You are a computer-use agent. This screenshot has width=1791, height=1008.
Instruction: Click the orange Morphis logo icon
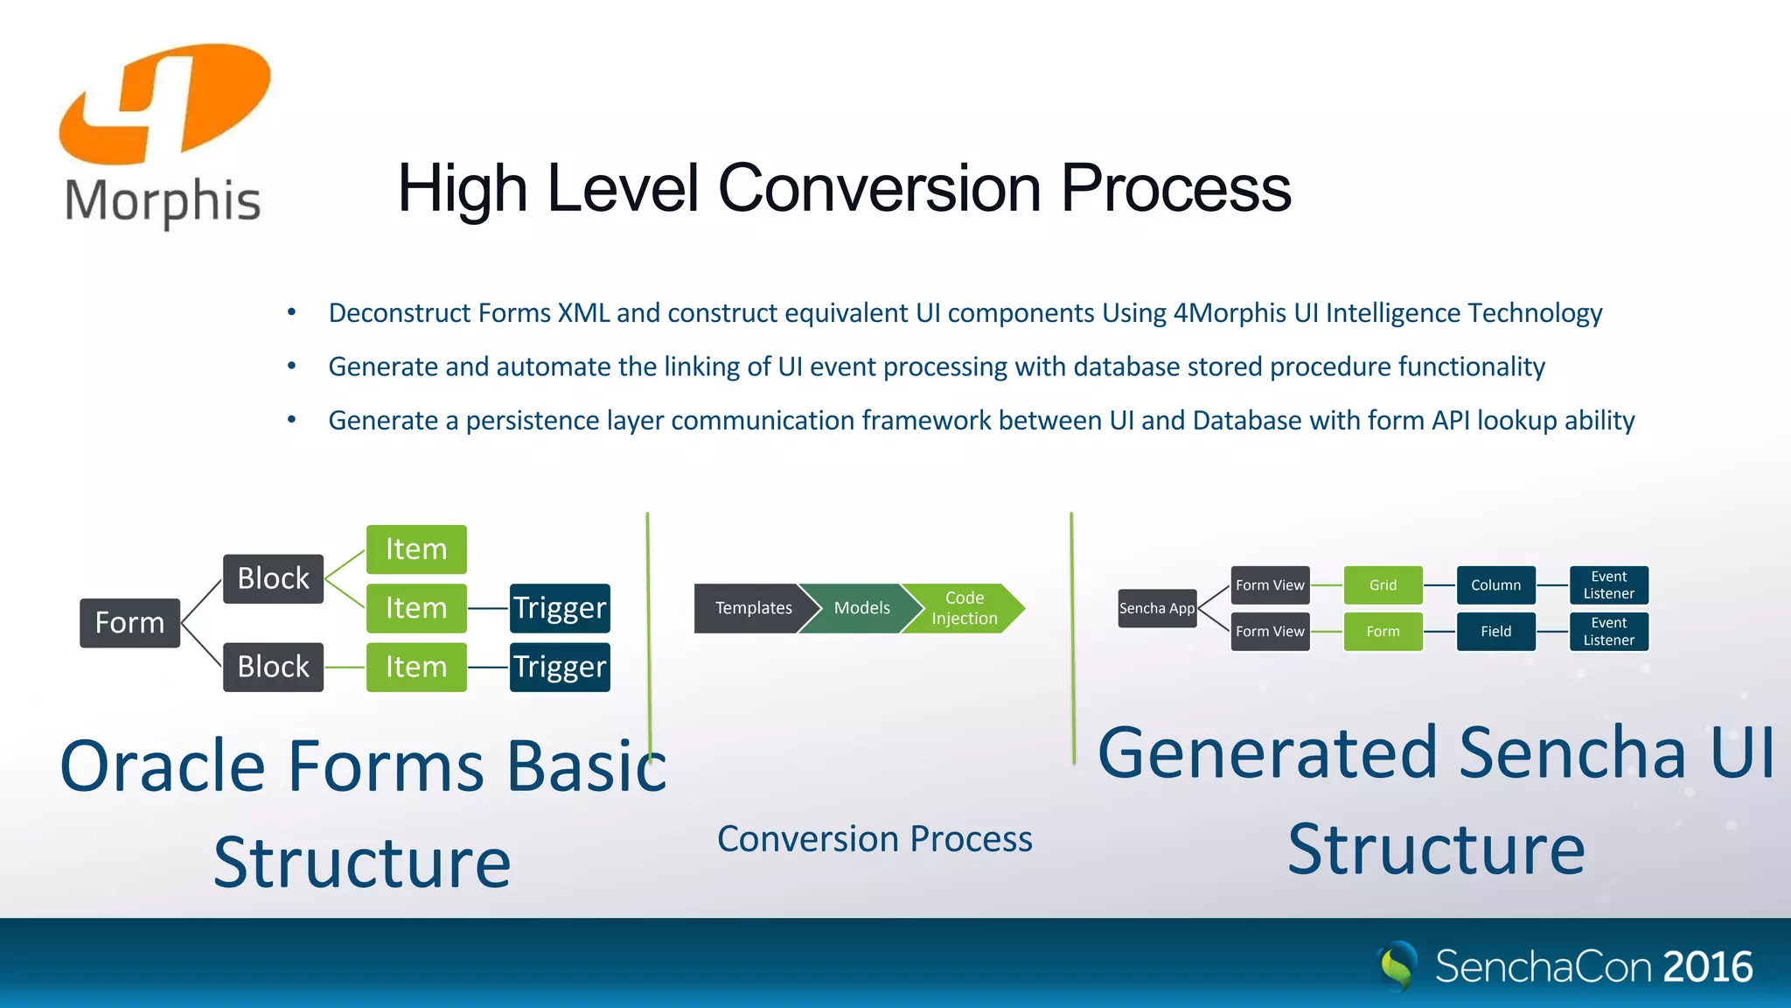(164, 103)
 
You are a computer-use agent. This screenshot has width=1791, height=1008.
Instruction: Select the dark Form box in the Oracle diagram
(129, 623)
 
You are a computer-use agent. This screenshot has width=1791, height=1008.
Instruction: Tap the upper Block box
(273, 578)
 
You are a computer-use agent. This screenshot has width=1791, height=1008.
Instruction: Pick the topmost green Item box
(416, 549)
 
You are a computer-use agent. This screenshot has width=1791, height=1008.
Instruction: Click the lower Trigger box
(560, 667)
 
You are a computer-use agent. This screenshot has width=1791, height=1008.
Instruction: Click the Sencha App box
(1156, 608)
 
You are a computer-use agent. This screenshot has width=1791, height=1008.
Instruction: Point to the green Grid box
(1383, 584)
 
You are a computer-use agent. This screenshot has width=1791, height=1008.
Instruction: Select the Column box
(1495, 584)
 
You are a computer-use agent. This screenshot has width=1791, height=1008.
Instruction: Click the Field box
(1495, 631)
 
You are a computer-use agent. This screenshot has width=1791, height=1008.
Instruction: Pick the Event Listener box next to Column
(1608, 584)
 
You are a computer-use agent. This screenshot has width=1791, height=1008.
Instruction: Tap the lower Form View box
(1270, 631)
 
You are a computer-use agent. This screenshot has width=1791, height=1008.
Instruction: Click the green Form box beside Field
(1383, 631)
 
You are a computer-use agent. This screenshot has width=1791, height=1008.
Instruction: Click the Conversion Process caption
(875, 839)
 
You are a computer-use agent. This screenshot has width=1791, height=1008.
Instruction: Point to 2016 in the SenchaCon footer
(1707, 967)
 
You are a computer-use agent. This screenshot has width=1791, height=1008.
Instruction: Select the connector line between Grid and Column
(1439, 584)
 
